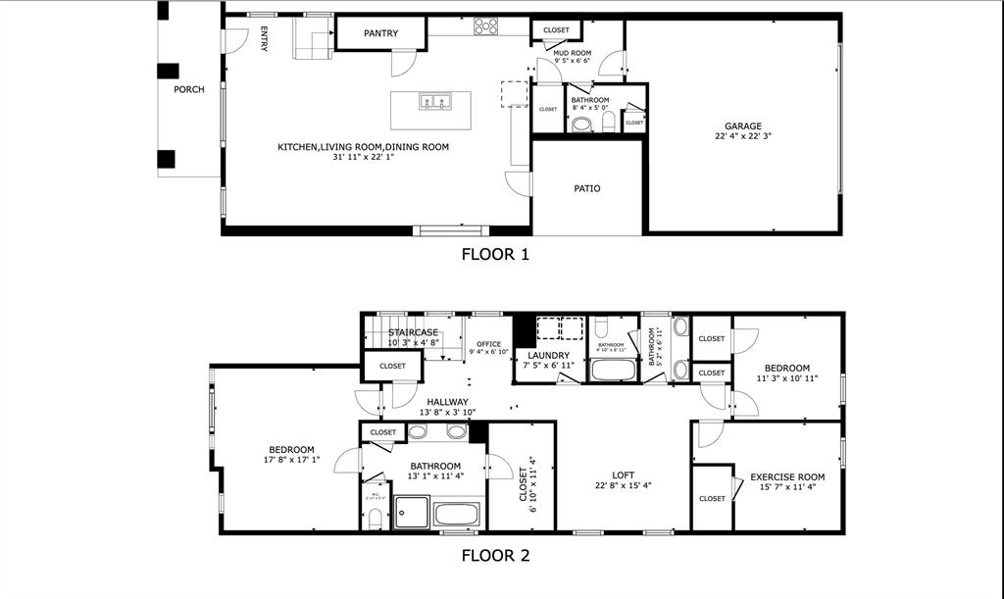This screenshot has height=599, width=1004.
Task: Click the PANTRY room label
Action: coord(380,33)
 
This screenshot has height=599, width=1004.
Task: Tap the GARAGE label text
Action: coord(743,125)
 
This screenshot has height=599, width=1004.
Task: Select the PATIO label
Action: coord(586,188)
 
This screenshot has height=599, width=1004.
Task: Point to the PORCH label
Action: coord(189,89)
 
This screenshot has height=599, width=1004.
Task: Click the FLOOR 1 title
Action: coord(495,254)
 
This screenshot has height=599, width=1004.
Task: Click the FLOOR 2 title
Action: coord(495,555)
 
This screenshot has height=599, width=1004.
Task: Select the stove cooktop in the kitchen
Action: coord(486,26)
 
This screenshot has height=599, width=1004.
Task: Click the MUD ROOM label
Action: coord(572,53)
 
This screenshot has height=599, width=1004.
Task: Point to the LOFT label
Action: coord(623,474)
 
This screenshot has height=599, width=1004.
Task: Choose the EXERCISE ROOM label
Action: coord(787,477)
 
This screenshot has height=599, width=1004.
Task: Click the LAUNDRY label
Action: coord(548,355)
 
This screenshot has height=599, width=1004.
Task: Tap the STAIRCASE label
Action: coord(413,332)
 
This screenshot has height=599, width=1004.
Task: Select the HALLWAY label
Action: coord(447,402)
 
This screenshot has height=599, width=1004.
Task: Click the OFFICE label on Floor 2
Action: coord(488,344)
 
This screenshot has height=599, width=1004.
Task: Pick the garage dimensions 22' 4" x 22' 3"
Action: coord(743,137)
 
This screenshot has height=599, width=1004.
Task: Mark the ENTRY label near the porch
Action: coord(264,40)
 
